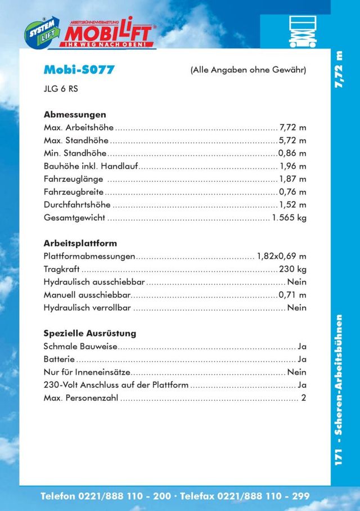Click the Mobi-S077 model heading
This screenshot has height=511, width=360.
(79, 70)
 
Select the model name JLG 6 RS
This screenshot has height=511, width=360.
(61, 88)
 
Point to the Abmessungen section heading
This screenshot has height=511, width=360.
(75, 114)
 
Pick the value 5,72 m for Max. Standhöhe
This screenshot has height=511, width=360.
(292, 140)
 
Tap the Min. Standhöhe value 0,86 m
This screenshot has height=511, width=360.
(292, 153)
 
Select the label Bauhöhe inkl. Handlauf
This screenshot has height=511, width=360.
(91, 166)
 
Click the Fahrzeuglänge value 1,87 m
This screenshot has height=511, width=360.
(292, 179)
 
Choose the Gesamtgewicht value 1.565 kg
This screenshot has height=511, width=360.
(289, 218)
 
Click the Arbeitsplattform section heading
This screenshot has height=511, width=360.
(80, 243)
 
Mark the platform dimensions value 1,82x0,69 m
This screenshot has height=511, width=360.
(281, 256)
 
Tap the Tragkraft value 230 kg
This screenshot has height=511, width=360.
(292, 269)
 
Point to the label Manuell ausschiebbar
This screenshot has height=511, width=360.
(87, 295)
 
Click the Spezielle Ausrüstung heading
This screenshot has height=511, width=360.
(90, 333)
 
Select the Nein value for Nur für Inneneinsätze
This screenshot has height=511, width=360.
(296, 372)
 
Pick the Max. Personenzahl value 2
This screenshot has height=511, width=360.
(303, 398)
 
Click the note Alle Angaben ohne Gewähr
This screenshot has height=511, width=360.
(248, 70)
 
